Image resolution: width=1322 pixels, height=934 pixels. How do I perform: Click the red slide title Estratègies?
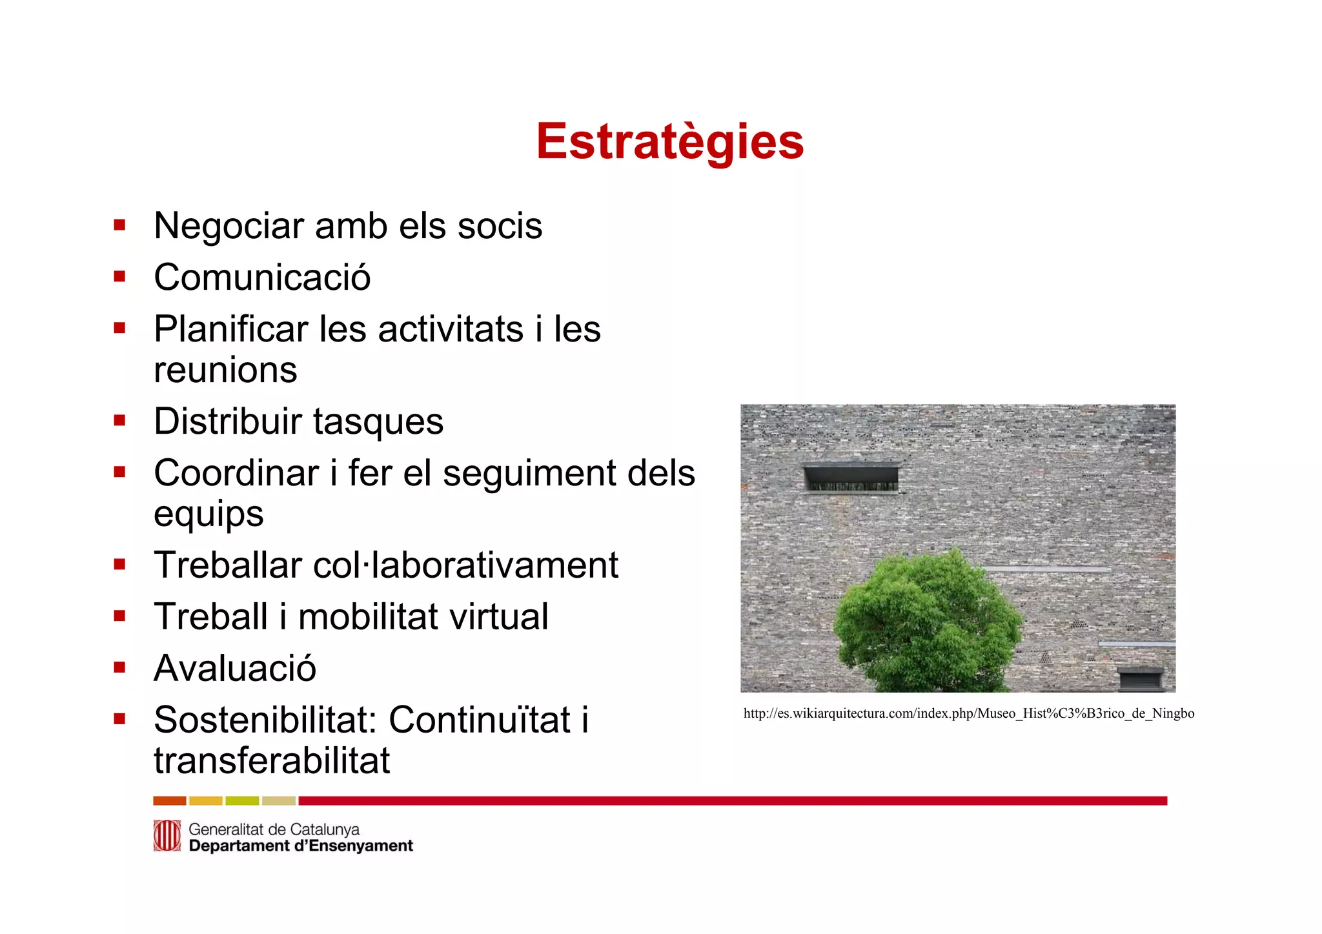670,141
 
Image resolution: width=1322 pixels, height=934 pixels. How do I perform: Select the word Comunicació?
262,278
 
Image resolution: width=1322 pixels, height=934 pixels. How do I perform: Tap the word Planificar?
230,330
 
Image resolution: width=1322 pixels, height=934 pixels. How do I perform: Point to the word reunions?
225,370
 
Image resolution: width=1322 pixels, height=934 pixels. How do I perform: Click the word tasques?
378,421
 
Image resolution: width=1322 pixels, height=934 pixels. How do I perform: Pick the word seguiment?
531,474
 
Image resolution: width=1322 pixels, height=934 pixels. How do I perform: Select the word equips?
208,514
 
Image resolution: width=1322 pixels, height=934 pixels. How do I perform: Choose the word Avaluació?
235,668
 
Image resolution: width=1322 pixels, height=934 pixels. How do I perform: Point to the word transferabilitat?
272,760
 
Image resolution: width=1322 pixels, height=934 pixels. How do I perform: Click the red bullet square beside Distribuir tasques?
119,421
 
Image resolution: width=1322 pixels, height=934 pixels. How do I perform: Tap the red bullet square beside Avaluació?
119,667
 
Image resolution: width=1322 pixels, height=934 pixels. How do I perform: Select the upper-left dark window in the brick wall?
851,478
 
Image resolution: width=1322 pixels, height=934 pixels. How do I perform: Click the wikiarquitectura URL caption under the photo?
968,713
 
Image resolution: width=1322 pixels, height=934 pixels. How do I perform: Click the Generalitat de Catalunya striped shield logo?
167,836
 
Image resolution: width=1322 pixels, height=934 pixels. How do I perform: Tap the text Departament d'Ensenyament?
301,846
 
